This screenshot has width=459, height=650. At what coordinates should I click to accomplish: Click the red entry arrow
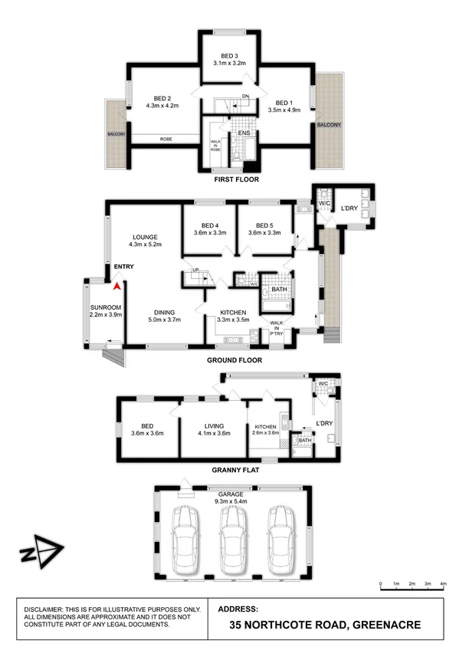point(116,287)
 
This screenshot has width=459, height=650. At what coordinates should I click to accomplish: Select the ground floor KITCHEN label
point(232,313)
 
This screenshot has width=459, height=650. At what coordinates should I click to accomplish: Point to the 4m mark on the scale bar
point(444,584)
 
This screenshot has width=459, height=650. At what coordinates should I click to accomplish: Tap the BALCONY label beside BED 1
point(329,124)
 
